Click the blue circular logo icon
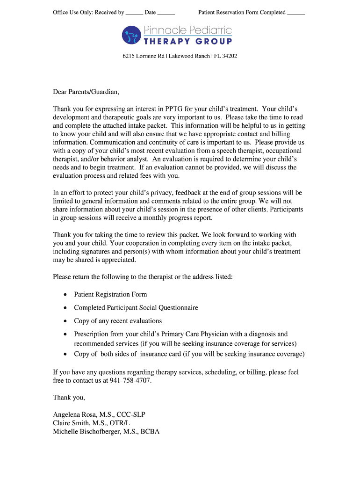coord(131,35)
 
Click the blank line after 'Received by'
coord(134,13)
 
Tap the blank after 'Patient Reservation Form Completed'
coord(295,13)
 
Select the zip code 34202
coord(229,56)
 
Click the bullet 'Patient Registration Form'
coord(110,294)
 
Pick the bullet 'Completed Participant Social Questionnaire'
coord(136,308)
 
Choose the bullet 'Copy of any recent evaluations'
coord(118,321)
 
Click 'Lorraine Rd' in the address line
coord(150,56)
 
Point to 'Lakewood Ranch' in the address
coord(189,56)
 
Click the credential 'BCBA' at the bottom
coord(149,432)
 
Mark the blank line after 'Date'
coord(166,13)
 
